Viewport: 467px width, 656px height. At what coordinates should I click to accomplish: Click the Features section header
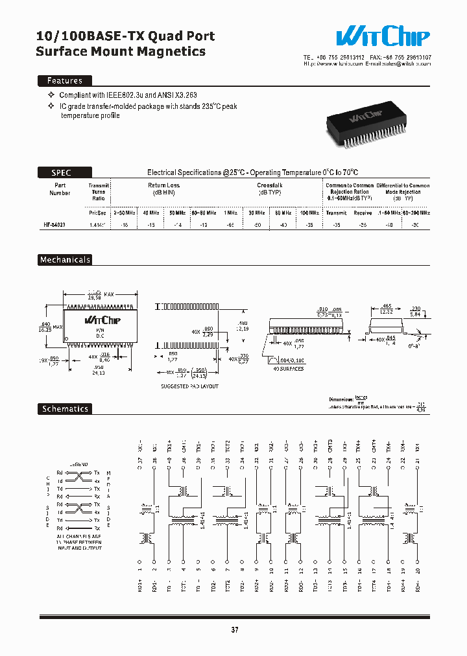64,81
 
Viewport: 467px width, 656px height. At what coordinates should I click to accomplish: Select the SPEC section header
62,172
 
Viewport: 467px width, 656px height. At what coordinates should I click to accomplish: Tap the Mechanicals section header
65,260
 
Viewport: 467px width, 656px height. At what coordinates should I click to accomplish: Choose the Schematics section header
65,409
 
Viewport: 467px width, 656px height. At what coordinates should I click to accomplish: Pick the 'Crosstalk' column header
269,185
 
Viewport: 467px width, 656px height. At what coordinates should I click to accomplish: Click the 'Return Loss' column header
163,185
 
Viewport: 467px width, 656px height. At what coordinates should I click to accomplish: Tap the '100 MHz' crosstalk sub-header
309,213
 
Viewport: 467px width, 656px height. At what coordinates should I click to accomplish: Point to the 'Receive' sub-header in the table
363,213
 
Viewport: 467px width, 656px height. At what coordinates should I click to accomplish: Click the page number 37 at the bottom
235,629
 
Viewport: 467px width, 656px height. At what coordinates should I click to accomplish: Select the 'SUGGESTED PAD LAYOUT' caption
189,386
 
